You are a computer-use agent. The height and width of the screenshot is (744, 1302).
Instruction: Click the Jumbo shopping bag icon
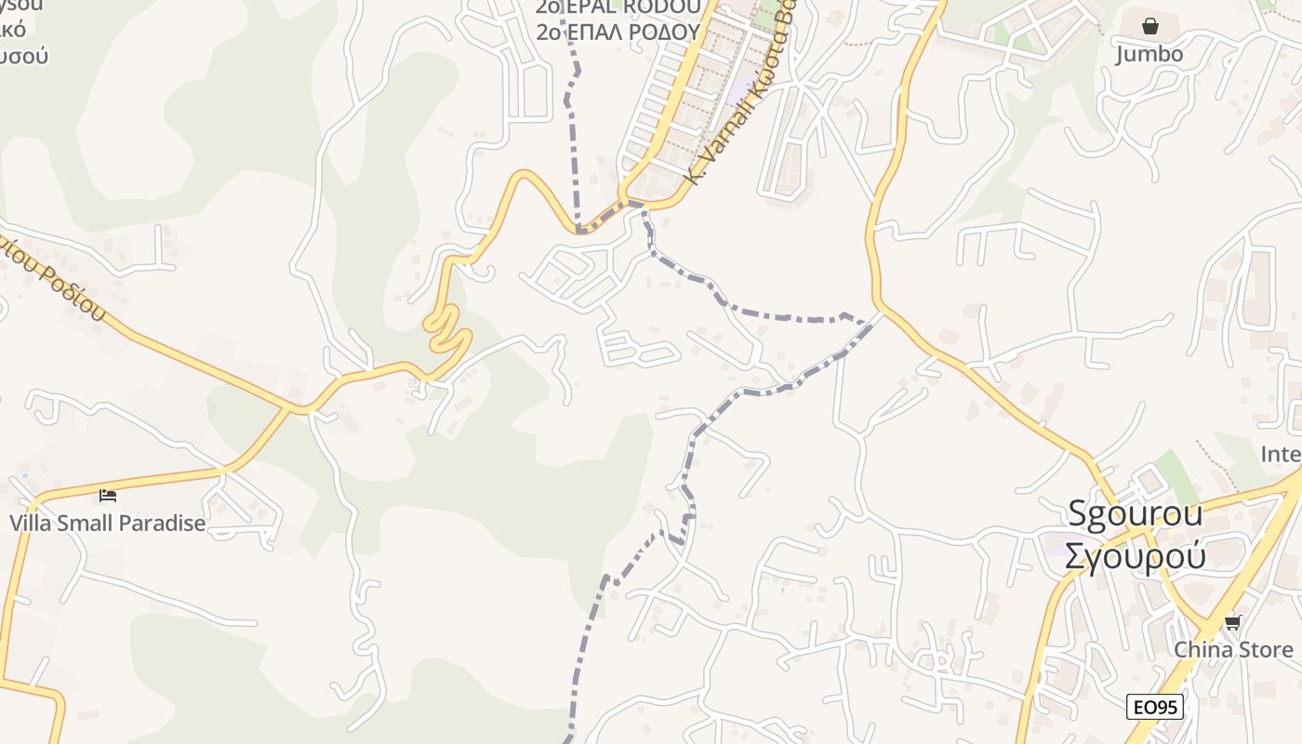pos(1150,25)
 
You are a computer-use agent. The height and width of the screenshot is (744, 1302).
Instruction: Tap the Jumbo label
pos(1149,54)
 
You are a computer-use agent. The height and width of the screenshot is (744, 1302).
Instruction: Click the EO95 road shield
pos(1155,707)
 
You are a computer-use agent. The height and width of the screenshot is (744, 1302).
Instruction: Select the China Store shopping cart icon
pos(1233,622)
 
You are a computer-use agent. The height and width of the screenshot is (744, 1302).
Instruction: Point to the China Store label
pos(1233,649)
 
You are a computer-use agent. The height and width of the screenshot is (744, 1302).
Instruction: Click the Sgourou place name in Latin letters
pos(1135,513)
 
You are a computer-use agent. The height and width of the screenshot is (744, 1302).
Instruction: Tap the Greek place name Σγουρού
pos(1135,555)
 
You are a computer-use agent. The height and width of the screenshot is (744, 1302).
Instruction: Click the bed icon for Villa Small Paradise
pos(108,495)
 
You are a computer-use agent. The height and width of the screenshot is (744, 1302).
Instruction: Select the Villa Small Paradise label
pos(108,523)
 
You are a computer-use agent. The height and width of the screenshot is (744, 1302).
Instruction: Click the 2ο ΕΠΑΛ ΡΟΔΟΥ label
pos(618,31)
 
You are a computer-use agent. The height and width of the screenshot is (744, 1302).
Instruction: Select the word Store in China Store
pos(1263,649)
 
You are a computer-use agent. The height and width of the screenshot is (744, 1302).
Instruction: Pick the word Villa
pos(31,523)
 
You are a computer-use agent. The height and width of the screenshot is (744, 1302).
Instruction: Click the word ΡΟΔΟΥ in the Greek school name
pos(664,31)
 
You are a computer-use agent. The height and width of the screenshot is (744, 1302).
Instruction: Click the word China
pos(1202,649)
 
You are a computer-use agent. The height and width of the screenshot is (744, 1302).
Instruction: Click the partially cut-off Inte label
pos(1281,454)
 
